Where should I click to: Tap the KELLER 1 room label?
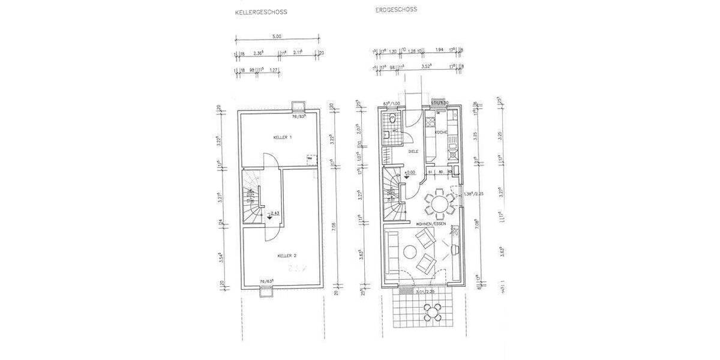[282, 137]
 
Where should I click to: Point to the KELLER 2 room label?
[287, 256]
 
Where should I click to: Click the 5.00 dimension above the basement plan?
[277, 37]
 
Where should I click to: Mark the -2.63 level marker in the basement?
[274, 213]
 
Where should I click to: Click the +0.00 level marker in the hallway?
[410, 173]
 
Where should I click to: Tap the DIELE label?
[413, 152]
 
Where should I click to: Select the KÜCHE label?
[442, 132]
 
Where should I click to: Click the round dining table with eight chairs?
[440, 202]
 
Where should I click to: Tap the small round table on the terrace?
[433, 311]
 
